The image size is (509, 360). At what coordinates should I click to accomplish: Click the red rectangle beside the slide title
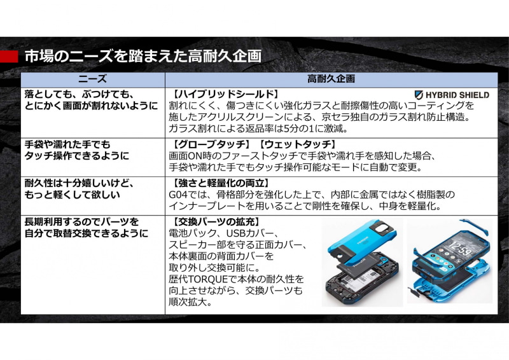tap(9, 57)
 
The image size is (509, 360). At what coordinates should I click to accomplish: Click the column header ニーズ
tap(92, 79)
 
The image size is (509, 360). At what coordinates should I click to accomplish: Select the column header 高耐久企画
tap(331, 79)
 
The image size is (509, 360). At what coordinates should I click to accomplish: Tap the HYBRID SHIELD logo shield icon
tap(419, 95)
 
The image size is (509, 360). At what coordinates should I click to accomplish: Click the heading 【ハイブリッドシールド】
tap(225, 94)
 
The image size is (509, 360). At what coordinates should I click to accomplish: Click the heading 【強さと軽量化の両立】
tap(220, 183)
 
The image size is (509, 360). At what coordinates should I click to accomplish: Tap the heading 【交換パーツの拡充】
tap(215, 222)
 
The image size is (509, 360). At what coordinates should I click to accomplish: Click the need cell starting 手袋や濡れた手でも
tap(77, 150)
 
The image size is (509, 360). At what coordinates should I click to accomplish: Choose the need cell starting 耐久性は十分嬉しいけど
tap(79, 189)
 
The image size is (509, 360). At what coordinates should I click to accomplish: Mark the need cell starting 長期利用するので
tap(87, 228)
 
